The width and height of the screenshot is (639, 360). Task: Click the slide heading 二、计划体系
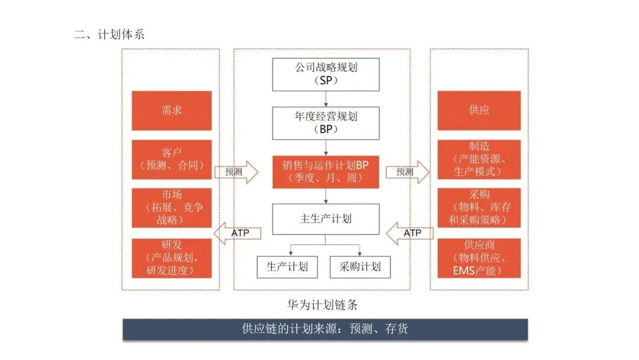point(109,34)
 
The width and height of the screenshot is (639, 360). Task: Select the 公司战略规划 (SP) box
point(325,74)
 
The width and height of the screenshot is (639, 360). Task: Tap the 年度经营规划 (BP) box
point(325,123)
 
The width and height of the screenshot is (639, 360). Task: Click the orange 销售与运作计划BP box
point(325,172)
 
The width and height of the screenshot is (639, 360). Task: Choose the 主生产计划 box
point(325,218)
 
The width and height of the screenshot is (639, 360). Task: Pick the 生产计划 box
point(288,266)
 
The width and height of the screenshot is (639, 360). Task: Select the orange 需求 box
point(172,110)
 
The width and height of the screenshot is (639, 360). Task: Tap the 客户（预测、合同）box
point(172,159)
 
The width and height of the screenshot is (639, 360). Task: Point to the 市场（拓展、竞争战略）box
point(172,208)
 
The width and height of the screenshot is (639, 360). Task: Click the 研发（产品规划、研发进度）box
point(172,258)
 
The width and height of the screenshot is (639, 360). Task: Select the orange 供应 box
point(479,110)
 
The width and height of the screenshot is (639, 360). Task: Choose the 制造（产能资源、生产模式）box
point(479,159)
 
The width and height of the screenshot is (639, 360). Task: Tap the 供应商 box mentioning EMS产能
point(479,258)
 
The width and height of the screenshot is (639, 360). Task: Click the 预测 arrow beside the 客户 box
point(236,172)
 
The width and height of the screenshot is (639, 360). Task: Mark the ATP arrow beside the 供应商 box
point(408,233)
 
